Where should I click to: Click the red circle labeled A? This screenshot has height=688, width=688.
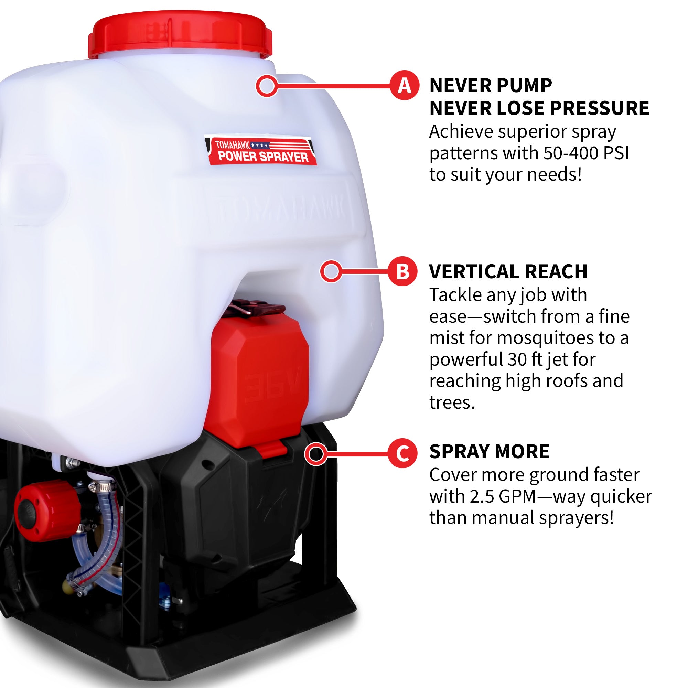point(404,85)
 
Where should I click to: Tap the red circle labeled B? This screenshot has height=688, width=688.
point(402,271)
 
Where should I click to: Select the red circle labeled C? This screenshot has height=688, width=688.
point(402,453)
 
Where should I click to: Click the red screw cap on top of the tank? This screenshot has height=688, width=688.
point(180,34)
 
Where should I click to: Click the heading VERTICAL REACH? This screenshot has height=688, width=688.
point(508,272)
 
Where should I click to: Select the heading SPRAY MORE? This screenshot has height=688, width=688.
point(489,452)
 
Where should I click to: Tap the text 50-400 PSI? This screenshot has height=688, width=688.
point(586,153)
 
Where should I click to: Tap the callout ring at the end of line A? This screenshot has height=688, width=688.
point(266,85)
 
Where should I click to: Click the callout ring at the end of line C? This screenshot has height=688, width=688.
point(315,454)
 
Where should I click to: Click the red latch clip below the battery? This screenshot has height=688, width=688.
point(273,449)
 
